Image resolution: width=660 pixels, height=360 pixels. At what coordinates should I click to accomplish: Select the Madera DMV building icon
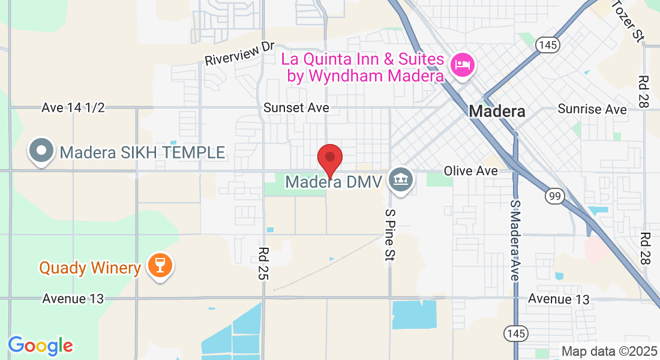pos(400,179)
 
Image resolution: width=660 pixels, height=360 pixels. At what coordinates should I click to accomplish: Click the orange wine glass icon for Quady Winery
pos(160,265)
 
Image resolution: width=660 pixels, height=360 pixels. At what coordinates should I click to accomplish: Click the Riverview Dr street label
pos(239,54)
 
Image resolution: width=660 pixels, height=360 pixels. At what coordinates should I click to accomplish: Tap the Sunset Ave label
pos(296,107)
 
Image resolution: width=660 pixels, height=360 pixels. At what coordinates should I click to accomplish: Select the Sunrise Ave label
pos(592,109)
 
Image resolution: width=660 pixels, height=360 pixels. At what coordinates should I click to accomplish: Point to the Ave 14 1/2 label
pos(73,107)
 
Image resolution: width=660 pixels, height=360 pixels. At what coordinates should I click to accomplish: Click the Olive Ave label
pos(471,171)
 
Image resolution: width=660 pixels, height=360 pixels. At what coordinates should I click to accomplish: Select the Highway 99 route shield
pos(554,196)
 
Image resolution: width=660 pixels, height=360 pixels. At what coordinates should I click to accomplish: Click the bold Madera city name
pos(497,111)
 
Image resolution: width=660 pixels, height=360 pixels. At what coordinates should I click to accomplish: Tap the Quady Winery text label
pos(90,268)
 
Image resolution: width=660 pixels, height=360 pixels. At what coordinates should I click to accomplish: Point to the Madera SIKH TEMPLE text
pos(143,152)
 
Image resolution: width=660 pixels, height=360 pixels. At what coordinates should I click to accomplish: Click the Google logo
pos(40,346)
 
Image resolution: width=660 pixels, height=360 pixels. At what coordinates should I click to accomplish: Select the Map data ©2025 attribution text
pos(608,351)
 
